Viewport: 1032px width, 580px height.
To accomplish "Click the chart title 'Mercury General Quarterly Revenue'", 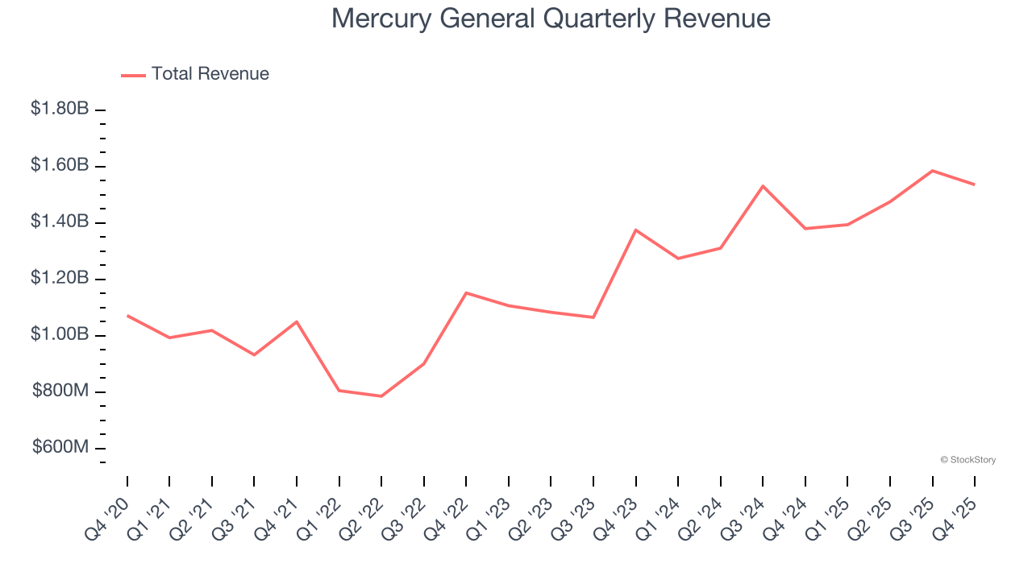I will click(x=551, y=19).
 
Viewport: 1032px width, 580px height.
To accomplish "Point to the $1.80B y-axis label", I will click(x=60, y=108).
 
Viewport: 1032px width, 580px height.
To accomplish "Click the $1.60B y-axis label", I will click(x=60, y=165).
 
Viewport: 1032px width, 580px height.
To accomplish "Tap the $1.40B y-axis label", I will click(x=60, y=222).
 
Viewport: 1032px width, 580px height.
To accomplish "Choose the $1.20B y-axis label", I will click(x=60, y=278).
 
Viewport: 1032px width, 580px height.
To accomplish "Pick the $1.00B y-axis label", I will click(x=60, y=334).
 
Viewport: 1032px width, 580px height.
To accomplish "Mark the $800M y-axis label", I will click(x=61, y=391).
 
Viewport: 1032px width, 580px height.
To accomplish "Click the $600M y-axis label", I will click(x=61, y=448).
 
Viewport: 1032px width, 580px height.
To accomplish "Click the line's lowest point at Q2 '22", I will click(x=381, y=396).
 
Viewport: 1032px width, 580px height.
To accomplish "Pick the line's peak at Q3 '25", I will click(x=933, y=171).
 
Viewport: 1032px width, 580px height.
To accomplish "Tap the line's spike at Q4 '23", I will click(x=636, y=230).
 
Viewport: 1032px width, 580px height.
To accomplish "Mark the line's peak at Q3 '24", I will click(x=763, y=186).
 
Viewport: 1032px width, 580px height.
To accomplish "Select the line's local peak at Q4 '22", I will click(x=466, y=292).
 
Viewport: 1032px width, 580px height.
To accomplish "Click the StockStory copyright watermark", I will click(x=967, y=460).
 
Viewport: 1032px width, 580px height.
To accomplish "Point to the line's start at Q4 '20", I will click(x=127, y=315).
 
